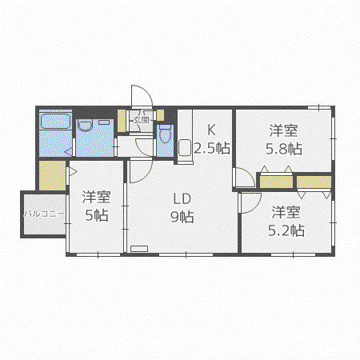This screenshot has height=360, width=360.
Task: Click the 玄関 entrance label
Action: [x=141, y=120]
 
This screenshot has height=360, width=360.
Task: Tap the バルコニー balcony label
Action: [x=44, y=214]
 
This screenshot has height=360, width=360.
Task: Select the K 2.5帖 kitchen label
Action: [x=212, y=139]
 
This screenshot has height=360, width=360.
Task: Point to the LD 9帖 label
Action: [x=182, y=208]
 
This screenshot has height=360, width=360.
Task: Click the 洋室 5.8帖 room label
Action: [x=284, y=139]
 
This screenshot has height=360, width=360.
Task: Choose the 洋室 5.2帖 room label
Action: [x=286, y=221]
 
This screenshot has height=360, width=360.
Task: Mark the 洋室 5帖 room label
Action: [x=96, y=206]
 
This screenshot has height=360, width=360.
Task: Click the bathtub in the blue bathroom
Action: [x=55, y=122]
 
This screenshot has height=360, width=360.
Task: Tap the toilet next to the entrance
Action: [x=165, y=134]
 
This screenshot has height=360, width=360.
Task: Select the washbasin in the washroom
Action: [x=85, y=126]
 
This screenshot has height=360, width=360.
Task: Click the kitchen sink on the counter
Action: [x=185, y=147]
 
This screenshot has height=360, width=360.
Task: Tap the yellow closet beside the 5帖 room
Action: [x=52, y=175]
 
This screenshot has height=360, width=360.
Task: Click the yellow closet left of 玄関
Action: [x=122, y=121]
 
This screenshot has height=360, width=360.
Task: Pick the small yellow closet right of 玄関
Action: [x=160, y=115]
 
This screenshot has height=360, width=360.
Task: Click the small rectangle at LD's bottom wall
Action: [x=139, y=249]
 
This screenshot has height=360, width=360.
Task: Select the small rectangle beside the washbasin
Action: [x=104, y=122]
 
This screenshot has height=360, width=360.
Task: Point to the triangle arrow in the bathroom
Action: [x=69, y=153]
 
